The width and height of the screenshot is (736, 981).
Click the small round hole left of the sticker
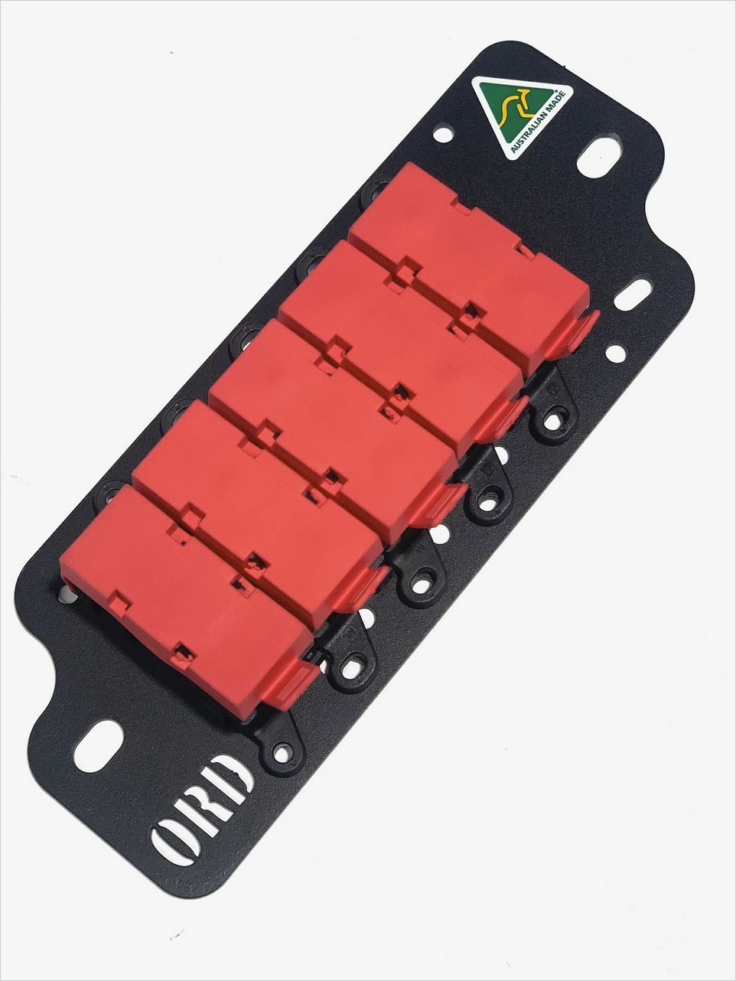[443, 133]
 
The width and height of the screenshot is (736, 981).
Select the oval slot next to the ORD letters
[99, 744]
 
